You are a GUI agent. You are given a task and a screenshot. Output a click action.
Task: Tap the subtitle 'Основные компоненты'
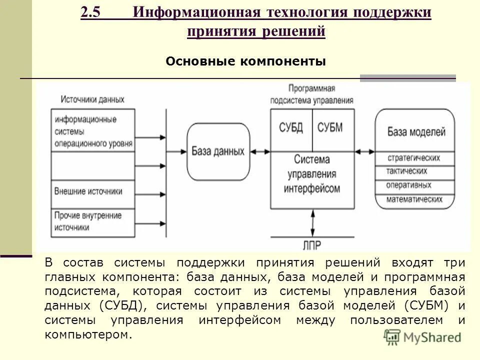pyautogui.click(x=245, y=61)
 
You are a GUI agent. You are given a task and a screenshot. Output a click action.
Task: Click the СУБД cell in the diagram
pyautogui.click(x=291, y=127)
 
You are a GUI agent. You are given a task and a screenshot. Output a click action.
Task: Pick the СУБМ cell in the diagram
pyautogui.click(x=330, y=127)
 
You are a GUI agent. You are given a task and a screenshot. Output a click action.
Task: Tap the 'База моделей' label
pyautogui.click(x=416, y=132)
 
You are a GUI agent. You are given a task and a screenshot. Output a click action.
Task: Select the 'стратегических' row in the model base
pyautogui.click(x=415, y=158)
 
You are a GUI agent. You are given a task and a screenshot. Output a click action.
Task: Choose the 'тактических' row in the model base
pyautogui.click(x=415, y=171)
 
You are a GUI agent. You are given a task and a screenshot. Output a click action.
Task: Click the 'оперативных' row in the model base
pyautogui.click(x=415, y=185)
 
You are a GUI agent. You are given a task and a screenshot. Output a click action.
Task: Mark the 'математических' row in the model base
pyautogui.click(x=415, y=199)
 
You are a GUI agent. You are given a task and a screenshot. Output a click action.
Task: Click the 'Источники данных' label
pyautogui.click(x=92, y=99)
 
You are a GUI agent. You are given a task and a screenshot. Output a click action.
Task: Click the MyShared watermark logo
pyautogui.click(x=423, y=337)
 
